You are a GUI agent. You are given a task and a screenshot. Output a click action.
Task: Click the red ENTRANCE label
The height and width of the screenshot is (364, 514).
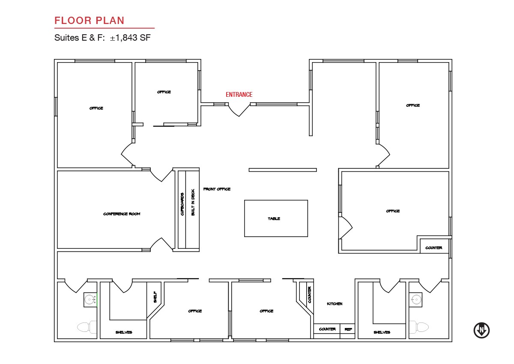point(239,95)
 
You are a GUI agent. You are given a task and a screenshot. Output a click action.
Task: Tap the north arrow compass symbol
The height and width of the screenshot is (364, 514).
point(481,331)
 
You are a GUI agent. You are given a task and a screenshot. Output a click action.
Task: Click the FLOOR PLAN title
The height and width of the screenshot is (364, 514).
point(89,21)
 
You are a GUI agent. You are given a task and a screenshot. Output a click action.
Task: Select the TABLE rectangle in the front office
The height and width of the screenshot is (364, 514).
point(276,218)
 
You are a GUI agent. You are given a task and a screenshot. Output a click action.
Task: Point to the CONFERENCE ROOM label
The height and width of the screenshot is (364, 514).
point(122,214)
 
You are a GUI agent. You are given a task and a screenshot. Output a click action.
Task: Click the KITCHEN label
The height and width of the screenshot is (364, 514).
point(335,304)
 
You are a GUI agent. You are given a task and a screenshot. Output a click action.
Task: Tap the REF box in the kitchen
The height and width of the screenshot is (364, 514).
point(347,329)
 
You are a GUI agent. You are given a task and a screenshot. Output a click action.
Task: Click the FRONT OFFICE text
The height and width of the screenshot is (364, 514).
point(217,189)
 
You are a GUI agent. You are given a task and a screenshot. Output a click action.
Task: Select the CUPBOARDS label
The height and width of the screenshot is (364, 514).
point(182,204)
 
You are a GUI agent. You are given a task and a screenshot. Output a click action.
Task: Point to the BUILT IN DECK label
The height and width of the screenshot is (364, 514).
point(193,202)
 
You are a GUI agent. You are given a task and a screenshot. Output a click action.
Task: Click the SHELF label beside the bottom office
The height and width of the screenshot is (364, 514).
point(155,297)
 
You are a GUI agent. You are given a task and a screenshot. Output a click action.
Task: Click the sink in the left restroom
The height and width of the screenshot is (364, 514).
point(90,299)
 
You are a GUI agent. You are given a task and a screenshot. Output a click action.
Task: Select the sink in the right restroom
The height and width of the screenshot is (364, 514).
point(415,299)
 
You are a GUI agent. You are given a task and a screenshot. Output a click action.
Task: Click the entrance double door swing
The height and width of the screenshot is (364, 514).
point(239,110)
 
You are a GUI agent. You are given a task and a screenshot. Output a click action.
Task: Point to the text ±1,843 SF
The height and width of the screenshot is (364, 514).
point(130,38)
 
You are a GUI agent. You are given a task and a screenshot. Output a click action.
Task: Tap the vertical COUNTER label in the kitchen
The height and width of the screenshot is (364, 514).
point(310,295)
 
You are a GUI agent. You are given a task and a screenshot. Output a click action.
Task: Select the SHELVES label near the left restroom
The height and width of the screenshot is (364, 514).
point(124,332)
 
